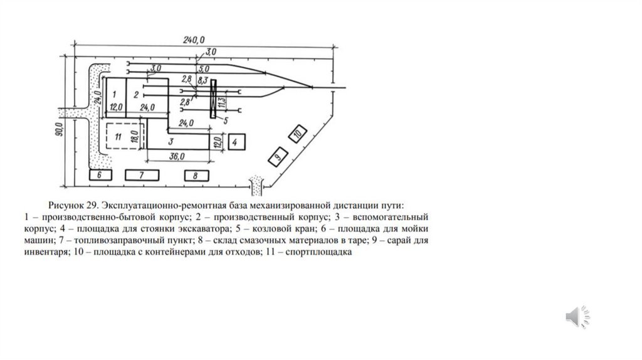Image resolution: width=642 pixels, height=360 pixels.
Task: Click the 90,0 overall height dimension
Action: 58,130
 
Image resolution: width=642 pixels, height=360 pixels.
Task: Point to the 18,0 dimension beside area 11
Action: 134,136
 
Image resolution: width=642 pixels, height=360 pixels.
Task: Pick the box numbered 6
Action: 100,175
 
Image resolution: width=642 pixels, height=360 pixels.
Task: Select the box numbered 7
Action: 142,175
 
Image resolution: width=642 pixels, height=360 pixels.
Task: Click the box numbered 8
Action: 195,176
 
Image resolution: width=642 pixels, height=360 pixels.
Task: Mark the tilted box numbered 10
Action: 298,133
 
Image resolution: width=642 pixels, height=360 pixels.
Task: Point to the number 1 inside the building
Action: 114,93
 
